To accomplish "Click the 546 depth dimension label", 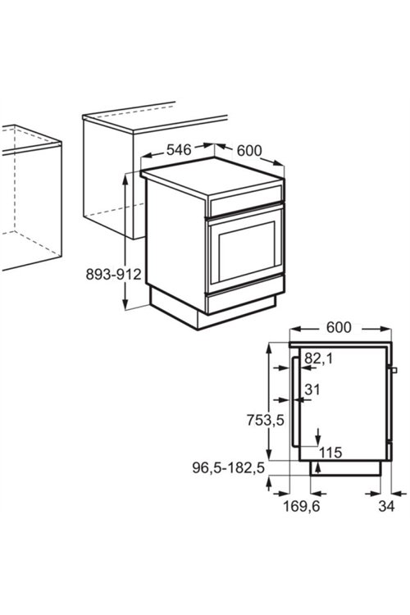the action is [x=179, y=149].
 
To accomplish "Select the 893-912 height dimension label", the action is [x=113, y=274].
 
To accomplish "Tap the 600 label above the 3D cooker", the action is [x=249, y=150].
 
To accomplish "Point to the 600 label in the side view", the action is [x=339, y=327].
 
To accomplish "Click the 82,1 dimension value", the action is [x=319, y=358].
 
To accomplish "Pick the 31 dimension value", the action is [x=312, y=389].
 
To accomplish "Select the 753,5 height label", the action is [x=265, y=420].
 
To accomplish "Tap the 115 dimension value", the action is [x=330, y=452].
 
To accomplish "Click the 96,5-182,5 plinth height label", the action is [x=228, y=467].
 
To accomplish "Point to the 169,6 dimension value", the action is [x=301, y=506].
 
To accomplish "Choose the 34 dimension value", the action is [x=386, y=506].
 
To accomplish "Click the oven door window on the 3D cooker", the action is [x=246, y=252].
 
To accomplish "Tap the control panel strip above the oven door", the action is [x=246, y=200].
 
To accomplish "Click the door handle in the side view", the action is [x=294, y=401].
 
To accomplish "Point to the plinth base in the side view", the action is [x=345, y=468].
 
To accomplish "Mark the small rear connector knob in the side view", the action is [x=394, y=370].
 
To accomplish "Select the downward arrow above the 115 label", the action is [x=318, y=436].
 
